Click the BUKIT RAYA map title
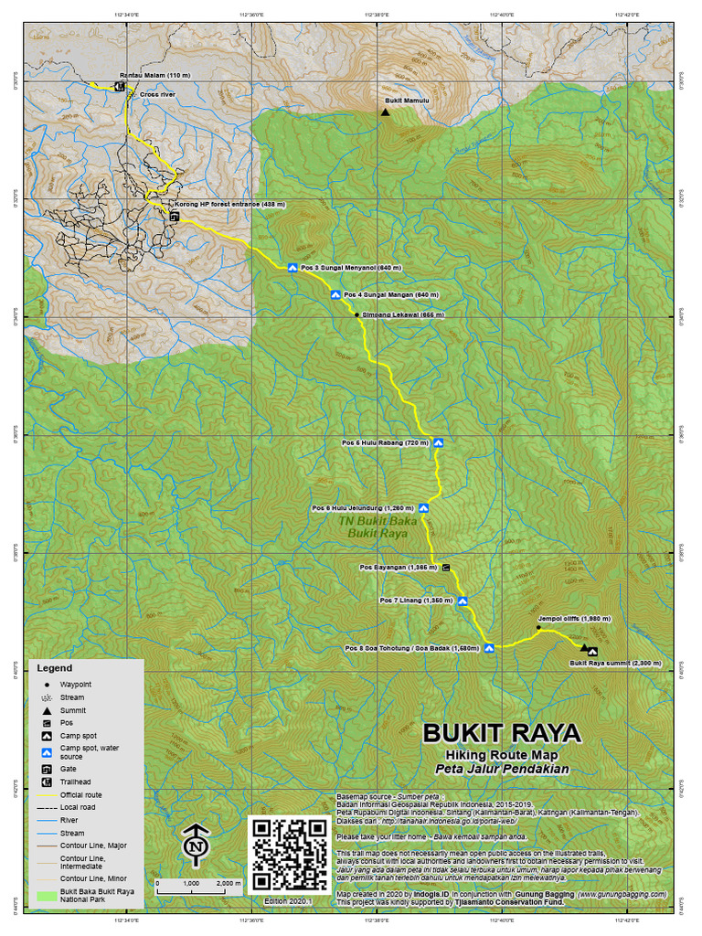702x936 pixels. (501, 734)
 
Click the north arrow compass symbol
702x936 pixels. (195, 846)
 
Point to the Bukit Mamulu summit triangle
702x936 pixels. (385, 112)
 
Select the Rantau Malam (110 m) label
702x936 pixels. (154, 76)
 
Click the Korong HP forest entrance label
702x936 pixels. (231, 204)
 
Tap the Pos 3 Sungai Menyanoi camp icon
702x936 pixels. (292, 268)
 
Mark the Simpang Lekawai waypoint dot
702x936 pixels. (356, 314)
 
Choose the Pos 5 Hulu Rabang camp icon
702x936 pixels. (438, 442)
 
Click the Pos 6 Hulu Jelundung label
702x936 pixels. (363, 508)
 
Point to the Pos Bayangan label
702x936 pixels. (398, 568)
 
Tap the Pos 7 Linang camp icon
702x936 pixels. (463, 601)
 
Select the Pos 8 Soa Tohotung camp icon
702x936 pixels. (489, 648)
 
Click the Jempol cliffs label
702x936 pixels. (574, 619)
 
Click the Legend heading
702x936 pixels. (54, 669)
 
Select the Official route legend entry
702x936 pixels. (81, 795)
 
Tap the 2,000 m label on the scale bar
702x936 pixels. (229, 884)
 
